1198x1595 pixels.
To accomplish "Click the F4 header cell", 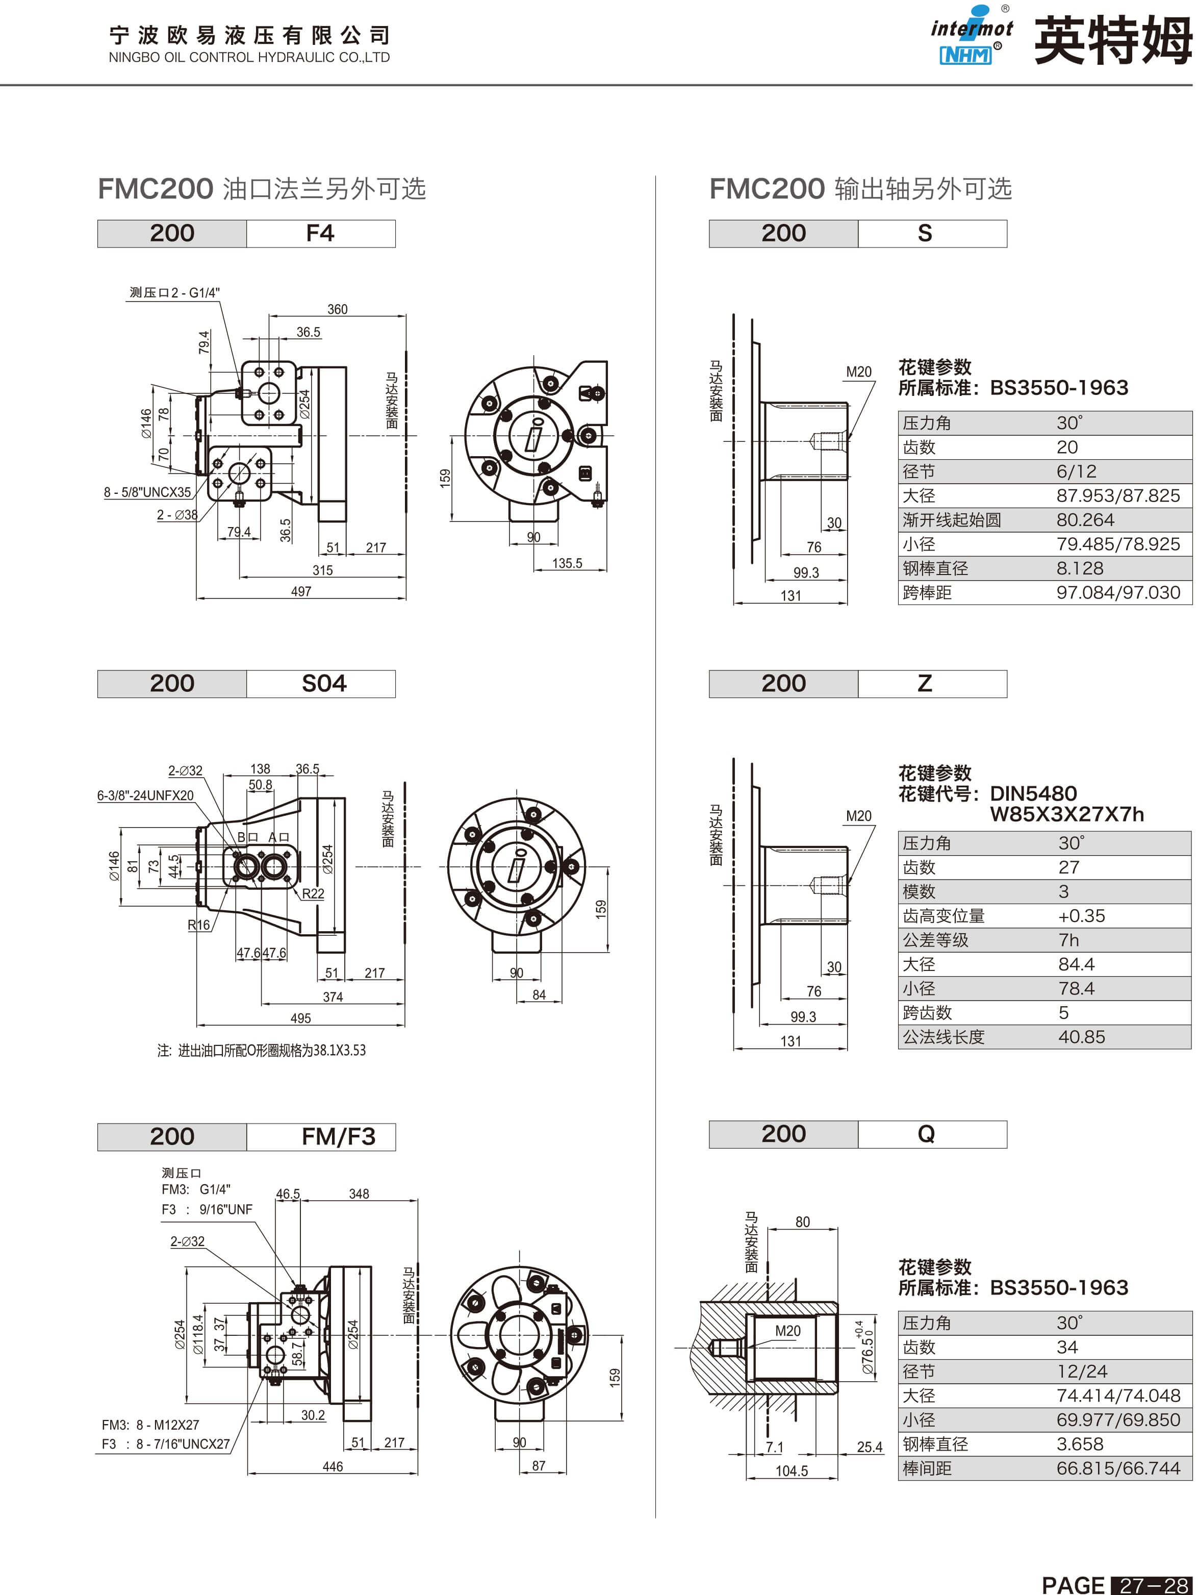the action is point(321,234).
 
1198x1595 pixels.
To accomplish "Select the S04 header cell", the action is point(321,684).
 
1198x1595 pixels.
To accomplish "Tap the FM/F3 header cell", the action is point(321,1137).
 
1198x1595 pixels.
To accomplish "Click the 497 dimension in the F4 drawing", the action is point(301,591).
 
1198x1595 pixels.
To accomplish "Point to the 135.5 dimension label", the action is point(567,563).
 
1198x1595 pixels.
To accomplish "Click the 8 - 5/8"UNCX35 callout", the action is point(148,492).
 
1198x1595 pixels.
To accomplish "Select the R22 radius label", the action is point(313,894).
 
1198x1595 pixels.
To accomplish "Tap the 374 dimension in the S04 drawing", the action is point(333,997).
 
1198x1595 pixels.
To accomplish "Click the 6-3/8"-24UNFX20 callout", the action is point(145,795).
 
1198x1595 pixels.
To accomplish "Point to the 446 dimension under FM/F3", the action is point(333,1466).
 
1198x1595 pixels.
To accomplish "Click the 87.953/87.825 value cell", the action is point(1118,495).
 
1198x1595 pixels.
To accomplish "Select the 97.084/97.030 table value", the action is point(1118,593).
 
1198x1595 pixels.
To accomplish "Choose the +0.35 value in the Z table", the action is point(1081,916).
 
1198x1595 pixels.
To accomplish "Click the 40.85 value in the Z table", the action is point(1081,1037).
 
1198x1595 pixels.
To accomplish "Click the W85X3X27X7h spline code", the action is point(1067,814).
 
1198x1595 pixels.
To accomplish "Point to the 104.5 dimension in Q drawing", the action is point(792,1471).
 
